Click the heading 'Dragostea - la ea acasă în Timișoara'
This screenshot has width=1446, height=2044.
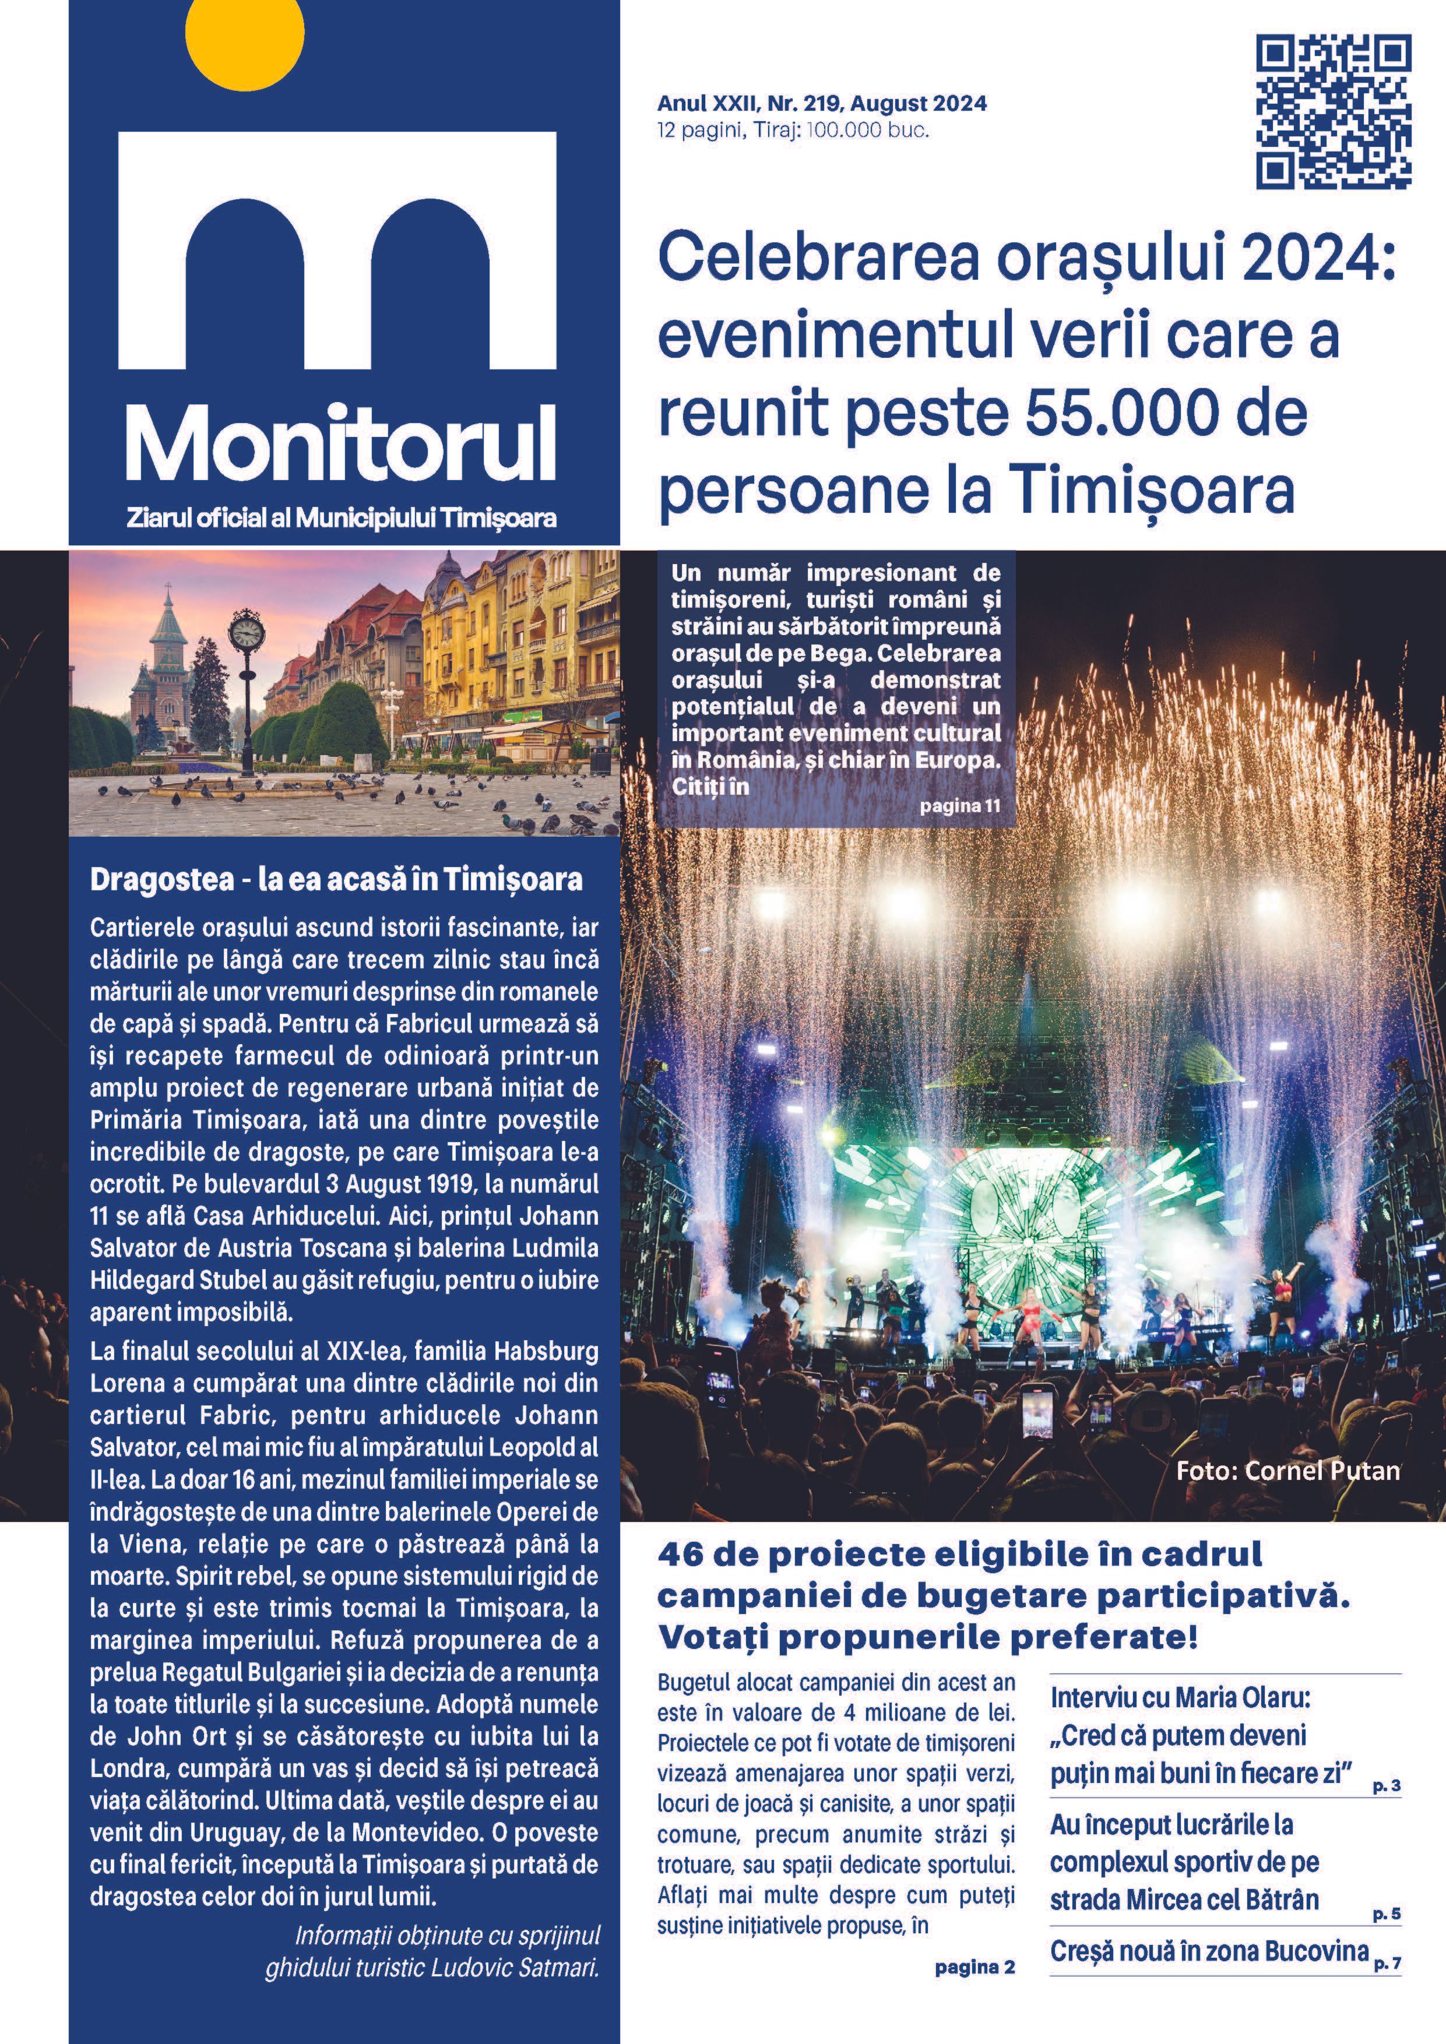coord(336,880)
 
